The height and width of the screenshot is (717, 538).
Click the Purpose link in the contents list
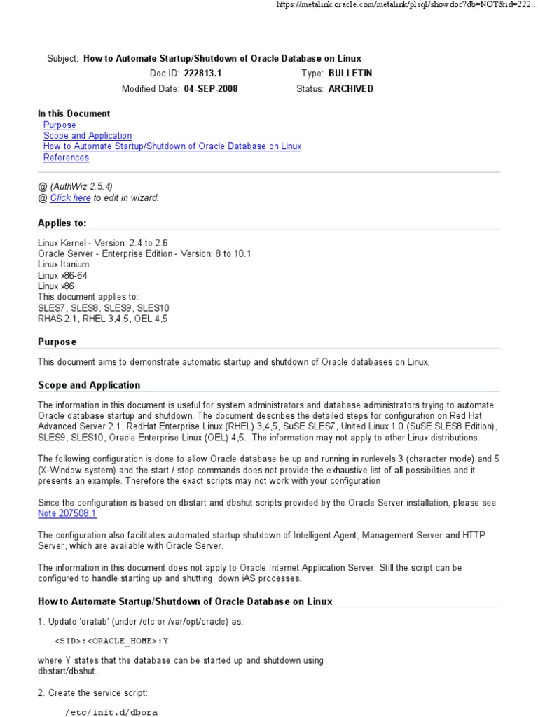point(60,125)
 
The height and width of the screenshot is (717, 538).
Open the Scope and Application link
point(87,136)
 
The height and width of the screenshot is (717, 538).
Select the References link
point(66,158)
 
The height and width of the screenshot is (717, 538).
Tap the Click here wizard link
point(70,198)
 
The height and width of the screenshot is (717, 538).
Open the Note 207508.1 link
point(67,513)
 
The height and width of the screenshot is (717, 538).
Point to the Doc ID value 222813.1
point(202,74)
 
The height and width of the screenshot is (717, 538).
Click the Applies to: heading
point(62,223)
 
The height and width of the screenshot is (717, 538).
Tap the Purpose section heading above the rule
point(57,342)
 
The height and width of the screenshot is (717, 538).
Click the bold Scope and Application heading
point(89,385)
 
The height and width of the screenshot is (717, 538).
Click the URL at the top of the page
point(406,5)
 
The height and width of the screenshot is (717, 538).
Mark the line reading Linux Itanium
point(63,265)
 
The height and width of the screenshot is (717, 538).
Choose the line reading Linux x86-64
point(62,275)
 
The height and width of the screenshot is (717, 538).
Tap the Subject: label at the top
point(62,59)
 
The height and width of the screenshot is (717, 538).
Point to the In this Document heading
point(74,113)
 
